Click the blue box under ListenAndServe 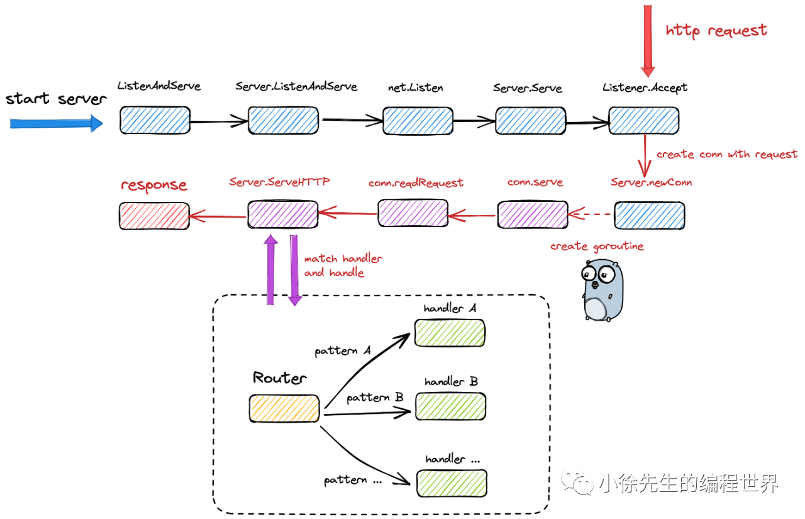pos(155,120)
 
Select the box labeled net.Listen pos(418,121)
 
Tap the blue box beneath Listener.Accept pos(643,120)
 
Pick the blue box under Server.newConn pos(649,215)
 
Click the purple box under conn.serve pos(532,215)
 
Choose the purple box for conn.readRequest pos(413,213)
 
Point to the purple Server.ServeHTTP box pos(282,215)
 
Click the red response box pos(154,216)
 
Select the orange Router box pos(284,408)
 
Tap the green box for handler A pos(449,333)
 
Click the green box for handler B pos(450,406)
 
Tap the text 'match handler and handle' pos(343,265)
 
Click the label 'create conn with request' pos(726,154)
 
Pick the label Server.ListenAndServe pos(296,86)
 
